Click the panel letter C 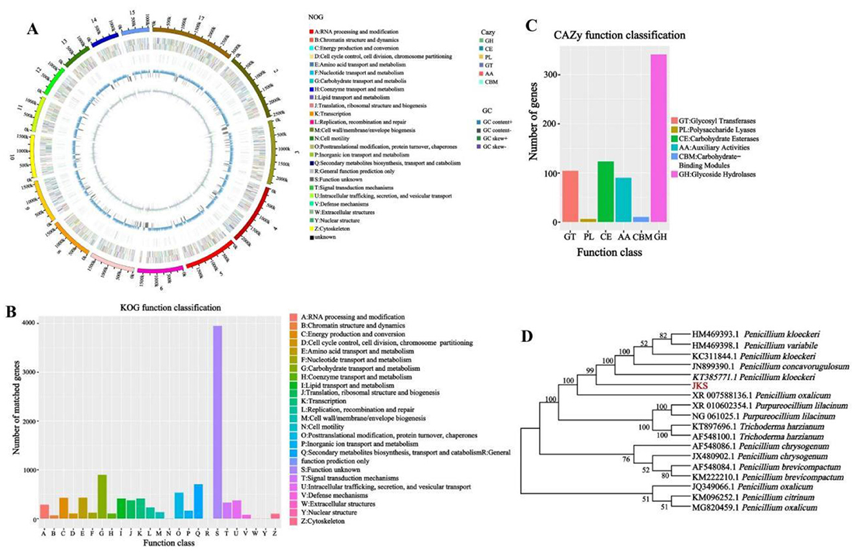pyautogui.click(x=530, y=26)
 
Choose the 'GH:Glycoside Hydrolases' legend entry pyautogui.click(x=721, y=176)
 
